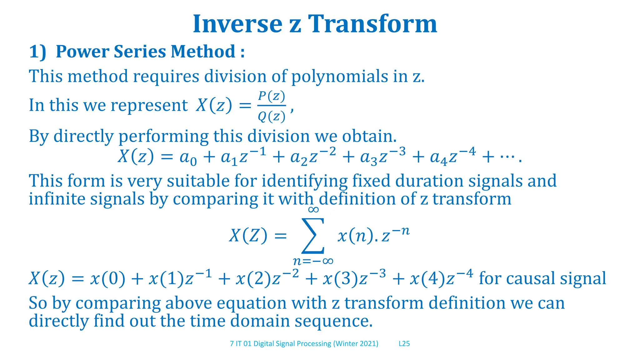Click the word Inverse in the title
click(237, 24)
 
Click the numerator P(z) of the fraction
click(271, 97)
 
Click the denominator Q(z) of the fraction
click(271, 117)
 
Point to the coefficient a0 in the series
click(188, 157)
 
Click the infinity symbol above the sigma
click(313, 209)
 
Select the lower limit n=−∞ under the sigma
click(313, 261)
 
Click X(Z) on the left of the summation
click(248, 235)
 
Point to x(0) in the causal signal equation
click(107, 278)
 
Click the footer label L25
click(404, 344)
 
